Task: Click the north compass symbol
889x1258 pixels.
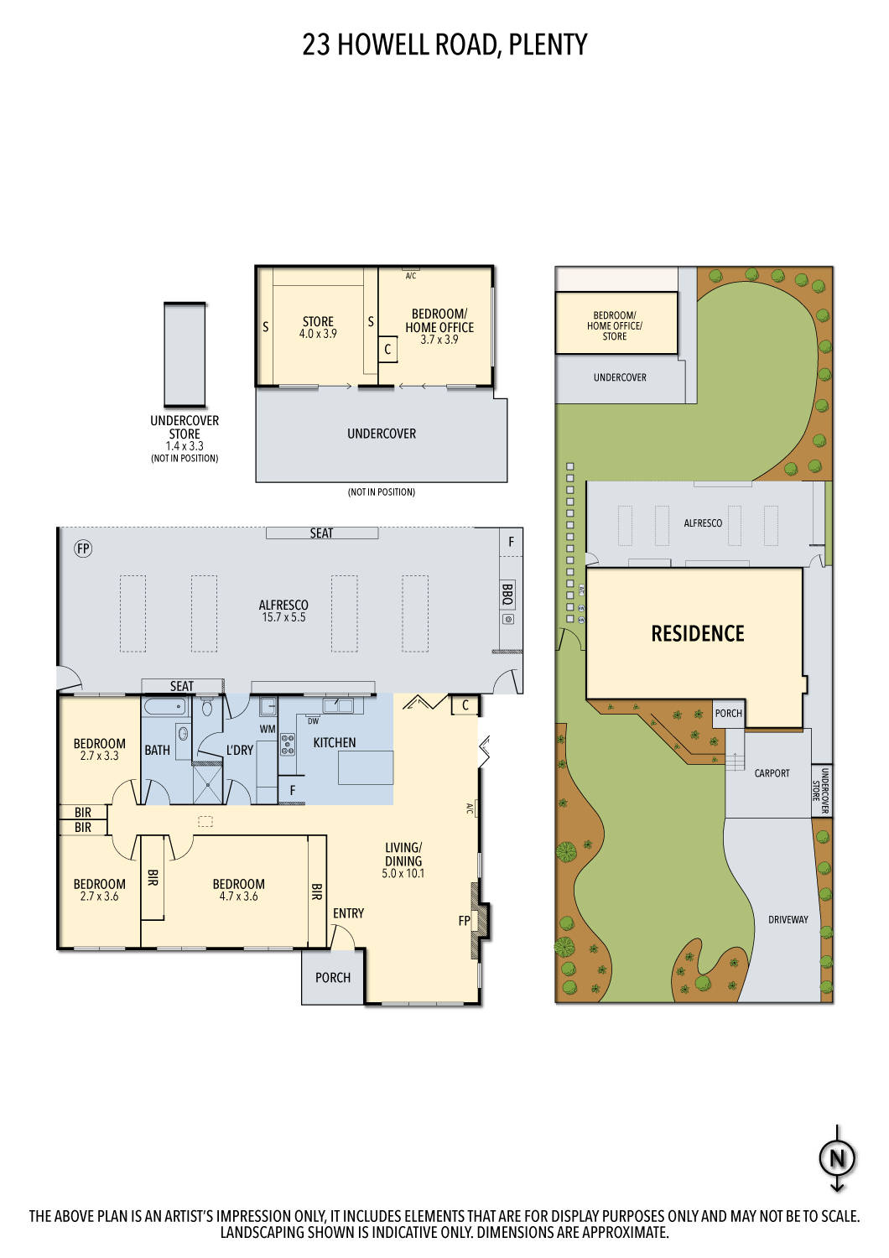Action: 836,1158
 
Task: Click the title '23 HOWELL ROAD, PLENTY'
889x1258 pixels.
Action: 444,44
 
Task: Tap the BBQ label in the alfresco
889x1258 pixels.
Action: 507,594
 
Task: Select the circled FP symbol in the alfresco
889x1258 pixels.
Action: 83,548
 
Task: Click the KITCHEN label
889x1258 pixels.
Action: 334,742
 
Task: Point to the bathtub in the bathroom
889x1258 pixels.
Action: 164,707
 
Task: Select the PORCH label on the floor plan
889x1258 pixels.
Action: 333,977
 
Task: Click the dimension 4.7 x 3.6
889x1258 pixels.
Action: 238,897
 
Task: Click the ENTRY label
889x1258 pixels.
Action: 348,913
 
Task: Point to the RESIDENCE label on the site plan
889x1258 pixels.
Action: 697,634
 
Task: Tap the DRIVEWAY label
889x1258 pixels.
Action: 788,920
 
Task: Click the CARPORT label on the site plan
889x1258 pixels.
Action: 772,773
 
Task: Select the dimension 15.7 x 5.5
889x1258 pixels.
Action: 283,617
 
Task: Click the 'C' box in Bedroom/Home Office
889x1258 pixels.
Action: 387,349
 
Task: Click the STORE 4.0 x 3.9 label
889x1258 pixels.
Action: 318,327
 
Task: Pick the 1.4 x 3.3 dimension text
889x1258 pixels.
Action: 185,446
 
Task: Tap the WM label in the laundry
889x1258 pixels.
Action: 267,729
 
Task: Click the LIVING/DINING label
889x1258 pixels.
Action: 403,854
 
